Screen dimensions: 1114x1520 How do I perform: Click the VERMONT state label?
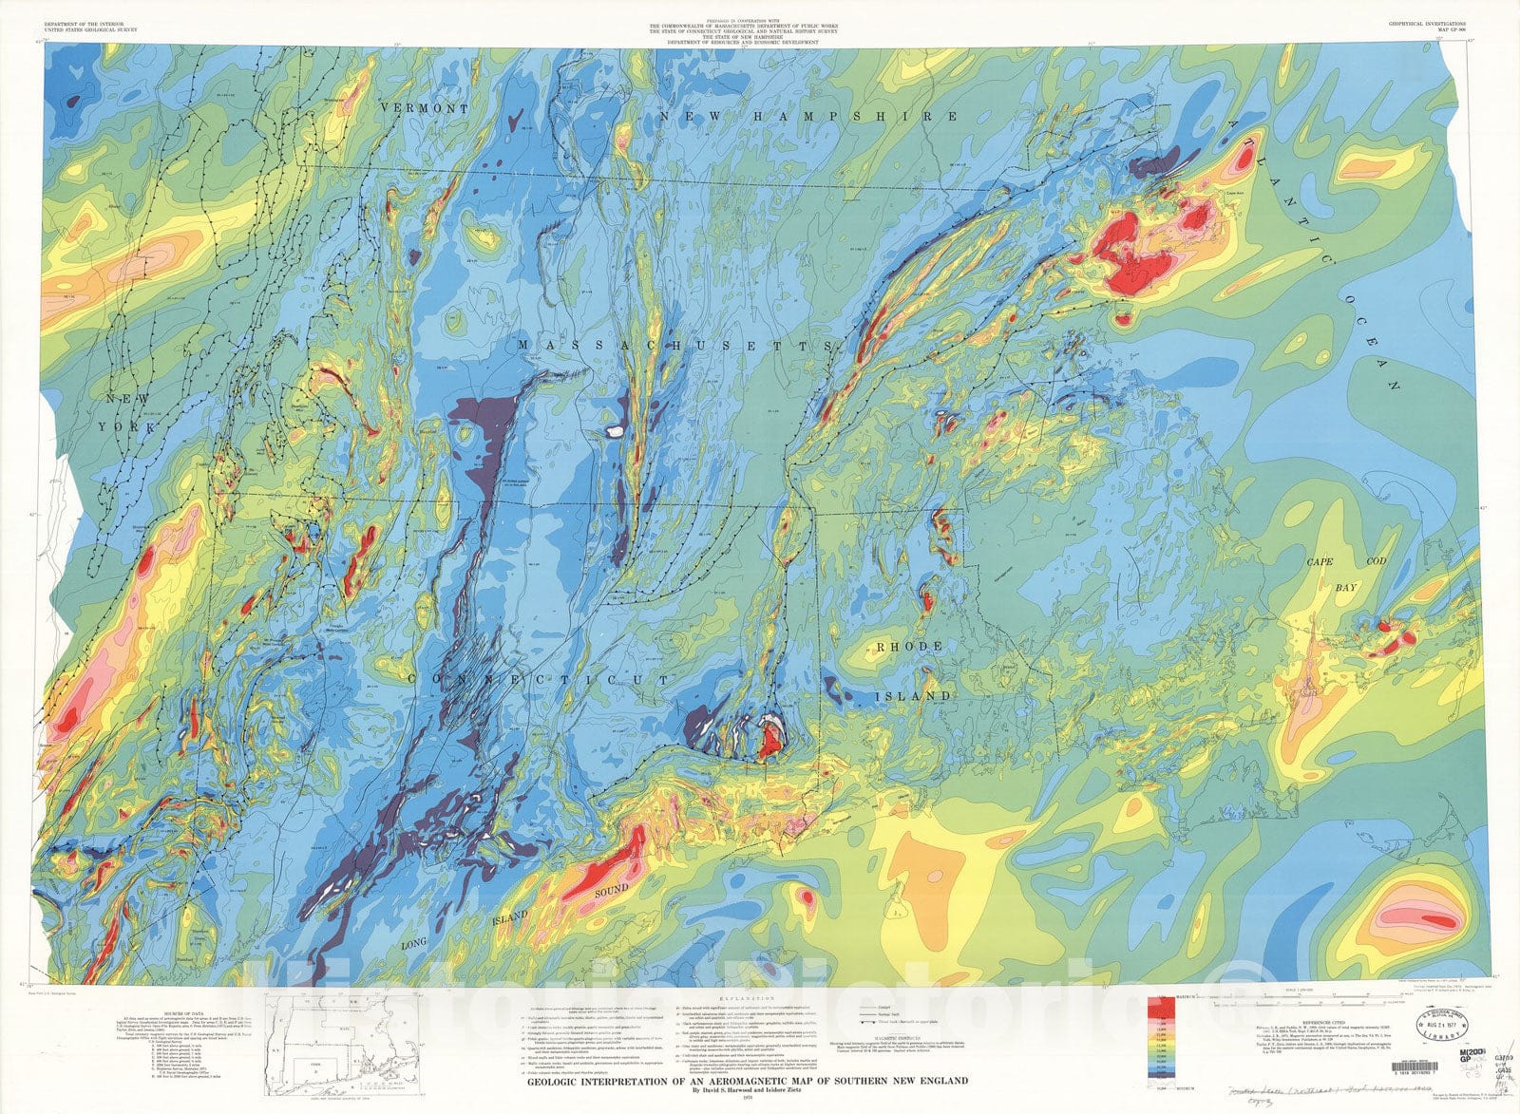pos(424,109)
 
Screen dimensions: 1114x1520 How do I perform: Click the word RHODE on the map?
pos(909,647)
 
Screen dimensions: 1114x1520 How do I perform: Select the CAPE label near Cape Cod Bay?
pos(1320,562)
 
